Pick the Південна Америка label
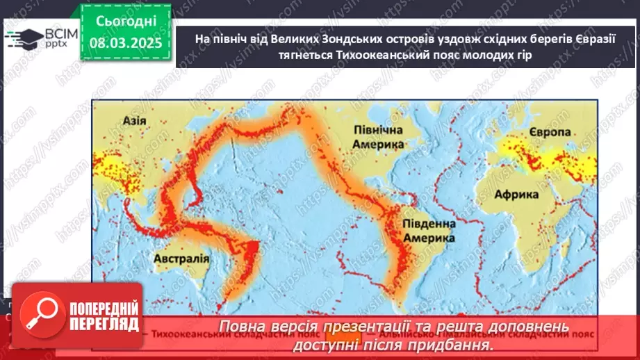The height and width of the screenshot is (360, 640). [x=428, y=231]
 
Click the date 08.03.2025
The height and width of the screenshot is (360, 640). [x=125, y=43]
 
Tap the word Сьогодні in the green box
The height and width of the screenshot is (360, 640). [x=125, y=22]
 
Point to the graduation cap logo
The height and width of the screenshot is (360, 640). [x=23, y=38]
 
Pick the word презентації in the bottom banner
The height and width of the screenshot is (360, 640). [x=369, y=327]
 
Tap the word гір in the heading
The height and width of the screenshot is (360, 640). [x=522, y=56]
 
